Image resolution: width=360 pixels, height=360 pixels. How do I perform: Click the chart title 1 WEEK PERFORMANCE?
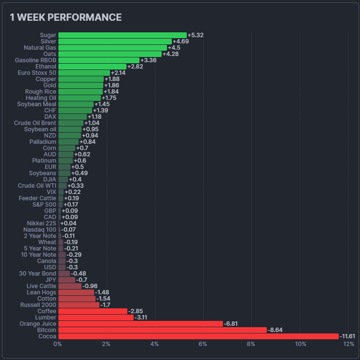(x=66, y=17)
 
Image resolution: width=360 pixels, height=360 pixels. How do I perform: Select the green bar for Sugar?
(x=122, y=35)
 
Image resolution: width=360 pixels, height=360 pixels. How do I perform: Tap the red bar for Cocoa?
(x=198, y=336)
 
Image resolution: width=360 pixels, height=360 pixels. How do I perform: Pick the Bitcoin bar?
(x=162, y=330)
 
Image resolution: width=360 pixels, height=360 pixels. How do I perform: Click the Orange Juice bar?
(x=140, y=324)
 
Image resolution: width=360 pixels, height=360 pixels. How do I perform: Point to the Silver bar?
(x=115, y=42)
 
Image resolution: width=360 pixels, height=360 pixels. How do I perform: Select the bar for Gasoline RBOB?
(x=98, y=60)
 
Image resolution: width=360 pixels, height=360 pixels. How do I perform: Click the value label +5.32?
(x=195, y=35)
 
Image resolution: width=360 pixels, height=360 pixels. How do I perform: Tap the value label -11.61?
(x=347, y=336)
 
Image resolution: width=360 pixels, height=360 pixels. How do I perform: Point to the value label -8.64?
(x=275, y=330)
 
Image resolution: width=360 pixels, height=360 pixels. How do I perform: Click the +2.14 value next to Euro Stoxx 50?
(x=118, y=73)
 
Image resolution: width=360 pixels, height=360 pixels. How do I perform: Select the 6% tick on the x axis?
(x=203, y=344)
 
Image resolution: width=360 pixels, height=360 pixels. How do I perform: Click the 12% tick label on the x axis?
(x=348, y=344)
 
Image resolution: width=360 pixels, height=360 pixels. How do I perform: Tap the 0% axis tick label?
(x=57, y=344)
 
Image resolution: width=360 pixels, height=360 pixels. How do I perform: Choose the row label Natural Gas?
(x=40, y=48)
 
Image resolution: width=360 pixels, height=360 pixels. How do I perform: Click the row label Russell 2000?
(x=38, y=305)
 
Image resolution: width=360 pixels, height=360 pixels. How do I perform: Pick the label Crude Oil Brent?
(x=35, y=123)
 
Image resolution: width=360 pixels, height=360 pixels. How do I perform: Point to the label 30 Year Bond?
(x=38, y=274)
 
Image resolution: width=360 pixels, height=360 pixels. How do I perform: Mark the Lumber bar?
(x=96, y=318)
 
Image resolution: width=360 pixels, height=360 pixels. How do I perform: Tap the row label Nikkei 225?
(x=42, y=223)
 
